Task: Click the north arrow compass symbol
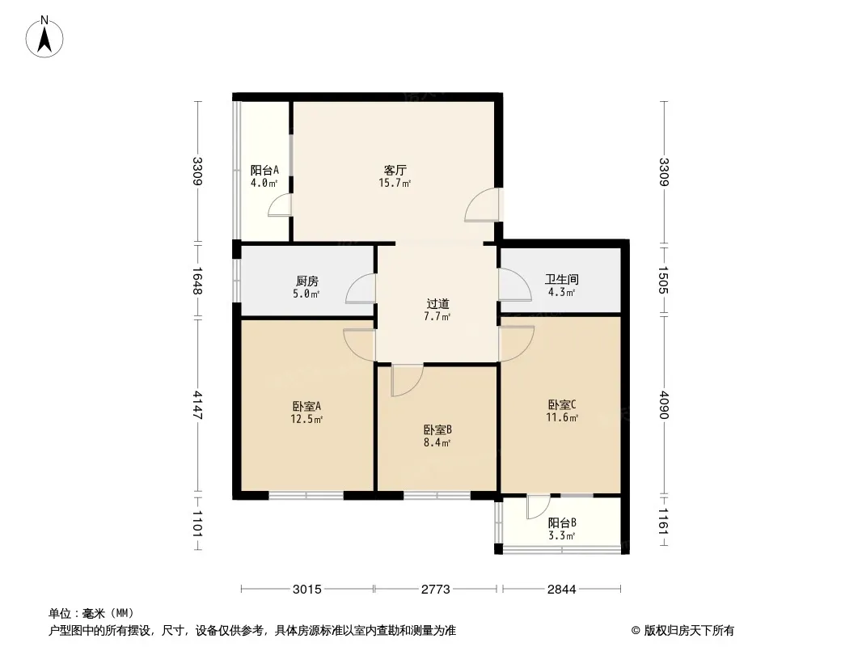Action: tap(44, 37)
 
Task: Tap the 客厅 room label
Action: tap(395, 170)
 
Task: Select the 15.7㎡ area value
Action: tap(395, 183)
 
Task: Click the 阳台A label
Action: tap(264, 170)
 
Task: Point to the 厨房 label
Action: tap(306, 281)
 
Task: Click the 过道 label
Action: tap(437, 303)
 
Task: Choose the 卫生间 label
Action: tap(561, 279)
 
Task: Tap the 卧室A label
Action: tap(306, 406)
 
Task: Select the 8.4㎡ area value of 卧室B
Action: tap(437, 442)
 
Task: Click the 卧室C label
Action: tap(562, 404)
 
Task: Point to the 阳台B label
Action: tap(562, 522)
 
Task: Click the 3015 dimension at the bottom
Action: tap(306, 590)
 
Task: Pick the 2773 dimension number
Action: tap(435, 590)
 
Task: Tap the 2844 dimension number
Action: tap(561, 590)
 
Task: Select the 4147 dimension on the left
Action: tap(198, 405)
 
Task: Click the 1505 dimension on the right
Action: tap(664, 280)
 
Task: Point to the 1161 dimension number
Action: tap(664, 522)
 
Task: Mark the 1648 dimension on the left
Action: tap(198, 281)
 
